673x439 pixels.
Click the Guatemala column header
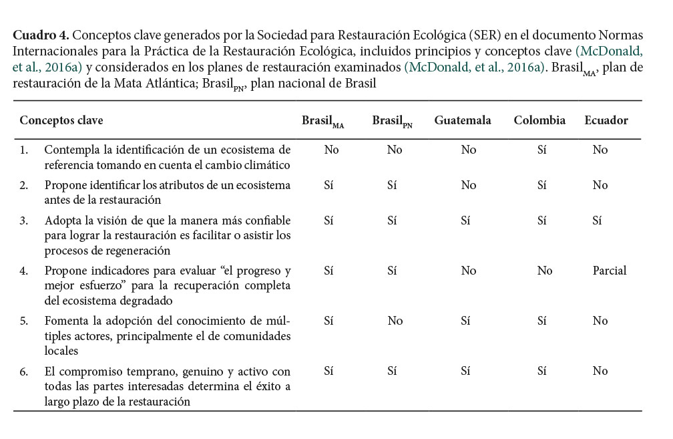463,121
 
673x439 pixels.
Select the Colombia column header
539,121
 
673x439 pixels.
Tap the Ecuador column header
606,121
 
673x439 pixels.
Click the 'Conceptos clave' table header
61,121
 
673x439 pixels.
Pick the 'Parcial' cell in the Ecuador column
610,271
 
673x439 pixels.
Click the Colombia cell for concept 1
542,150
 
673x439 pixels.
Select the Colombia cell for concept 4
545,271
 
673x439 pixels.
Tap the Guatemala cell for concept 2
469,185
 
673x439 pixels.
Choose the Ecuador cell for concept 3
597,220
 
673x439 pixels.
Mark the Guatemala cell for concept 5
465,321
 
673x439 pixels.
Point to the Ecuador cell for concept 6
600,371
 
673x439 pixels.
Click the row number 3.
23,220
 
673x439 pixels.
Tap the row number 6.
23,371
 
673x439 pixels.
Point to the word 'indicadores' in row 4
114,271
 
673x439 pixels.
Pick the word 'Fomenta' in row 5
65,321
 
